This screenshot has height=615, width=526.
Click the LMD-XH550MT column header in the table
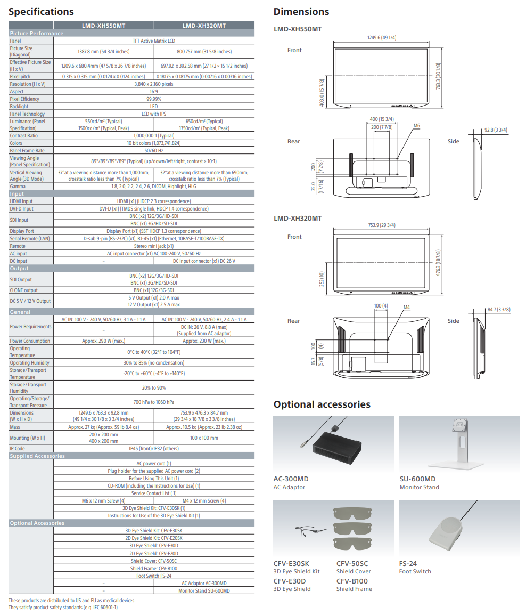103,26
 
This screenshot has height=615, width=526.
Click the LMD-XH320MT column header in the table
204,26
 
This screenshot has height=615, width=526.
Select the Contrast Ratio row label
24,136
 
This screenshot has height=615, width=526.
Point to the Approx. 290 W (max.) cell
103,341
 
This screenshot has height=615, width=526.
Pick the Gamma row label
18,187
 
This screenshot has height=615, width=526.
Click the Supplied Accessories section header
37,456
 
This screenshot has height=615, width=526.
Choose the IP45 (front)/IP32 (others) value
154,448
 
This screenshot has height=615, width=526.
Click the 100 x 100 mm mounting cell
204,438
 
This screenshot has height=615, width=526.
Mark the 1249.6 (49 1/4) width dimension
381,38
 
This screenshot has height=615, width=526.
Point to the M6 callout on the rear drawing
417,126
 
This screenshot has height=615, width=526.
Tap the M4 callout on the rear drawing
407,308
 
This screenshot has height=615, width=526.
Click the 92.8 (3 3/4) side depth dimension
496,130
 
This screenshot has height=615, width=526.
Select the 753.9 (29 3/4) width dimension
381,225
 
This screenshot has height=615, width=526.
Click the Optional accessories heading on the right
322,404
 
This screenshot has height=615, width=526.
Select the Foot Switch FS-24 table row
154,576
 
